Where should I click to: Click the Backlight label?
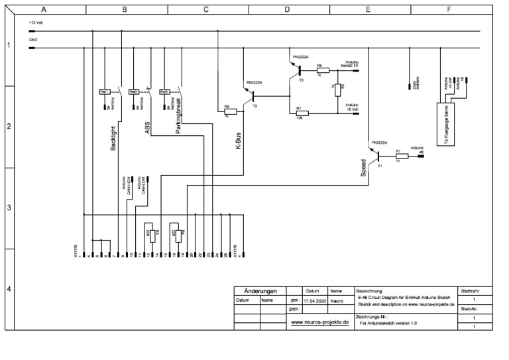click(113, 139)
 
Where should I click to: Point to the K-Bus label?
click(239, 141)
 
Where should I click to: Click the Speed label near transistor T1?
click(363, 168)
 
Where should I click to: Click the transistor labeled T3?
click(300, 70)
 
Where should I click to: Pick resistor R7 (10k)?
click(300, 114)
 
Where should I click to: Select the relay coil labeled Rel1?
click(104, 91)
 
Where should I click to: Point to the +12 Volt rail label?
click(36, 23)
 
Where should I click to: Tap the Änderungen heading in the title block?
click(260, 291)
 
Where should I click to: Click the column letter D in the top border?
click(287, 10)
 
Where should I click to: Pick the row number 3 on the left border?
click(9, 208)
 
